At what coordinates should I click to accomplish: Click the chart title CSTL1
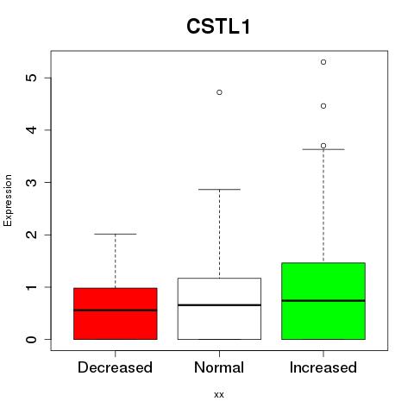[x=218, y=27]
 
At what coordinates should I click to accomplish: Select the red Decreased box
[x=116, y=313]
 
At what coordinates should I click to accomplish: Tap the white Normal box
[x=219, y=309]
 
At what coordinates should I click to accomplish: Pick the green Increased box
[x=323, y=301]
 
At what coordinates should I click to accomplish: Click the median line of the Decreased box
[x=116, y=310]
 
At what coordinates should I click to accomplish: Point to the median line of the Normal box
[x=219, y=304]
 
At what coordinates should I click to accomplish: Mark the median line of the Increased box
[x=323, y=300]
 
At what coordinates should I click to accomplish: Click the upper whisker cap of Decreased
[x=116, y=234]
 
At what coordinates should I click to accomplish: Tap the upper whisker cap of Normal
[x=219, y=189]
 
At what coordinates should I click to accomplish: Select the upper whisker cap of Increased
[x=323, y=149]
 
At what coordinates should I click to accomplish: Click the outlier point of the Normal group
[x=219, y=92]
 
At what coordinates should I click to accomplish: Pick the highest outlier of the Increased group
[x=323, y=62]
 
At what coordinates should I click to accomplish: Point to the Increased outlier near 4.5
[x=323, y=106]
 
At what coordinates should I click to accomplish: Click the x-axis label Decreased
[x=115, y=367]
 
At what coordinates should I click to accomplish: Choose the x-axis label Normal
[x=219, y=367]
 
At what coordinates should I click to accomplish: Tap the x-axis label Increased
[x=323, y=367]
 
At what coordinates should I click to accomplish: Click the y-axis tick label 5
[x=32, y=78]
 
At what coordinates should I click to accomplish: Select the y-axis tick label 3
[x=32, y=182]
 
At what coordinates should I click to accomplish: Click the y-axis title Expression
[x=8, y=200]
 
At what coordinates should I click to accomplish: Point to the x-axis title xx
[x=219, y=395]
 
